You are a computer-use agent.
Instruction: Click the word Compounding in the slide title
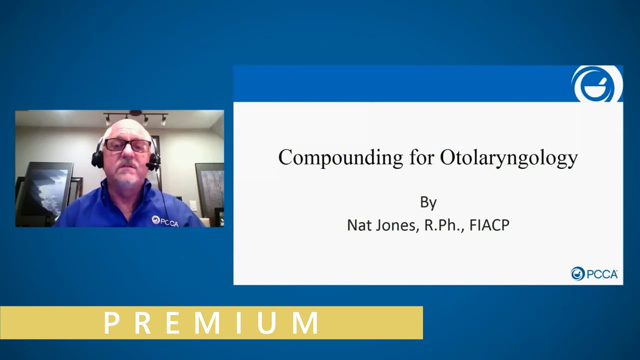(340, 158)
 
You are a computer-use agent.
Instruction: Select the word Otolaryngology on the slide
(509, 158)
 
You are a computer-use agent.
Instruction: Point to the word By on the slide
(428, 202)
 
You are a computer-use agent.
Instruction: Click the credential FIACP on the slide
(489, 225)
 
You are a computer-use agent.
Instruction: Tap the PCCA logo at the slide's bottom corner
(594, 274)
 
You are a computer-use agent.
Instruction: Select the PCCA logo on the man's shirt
(165, 221)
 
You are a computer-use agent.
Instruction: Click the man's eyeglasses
(128, 145)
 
